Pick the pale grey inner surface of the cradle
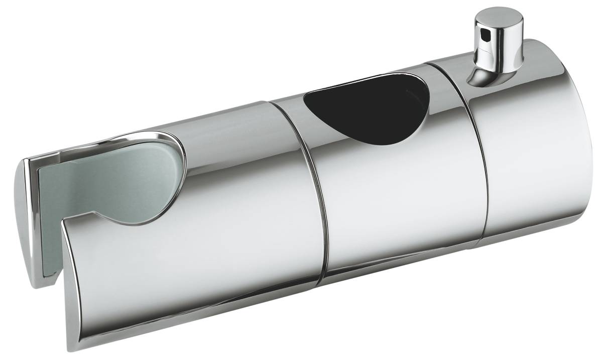(x=100, y=186)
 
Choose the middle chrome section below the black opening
(x=402, y=201)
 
